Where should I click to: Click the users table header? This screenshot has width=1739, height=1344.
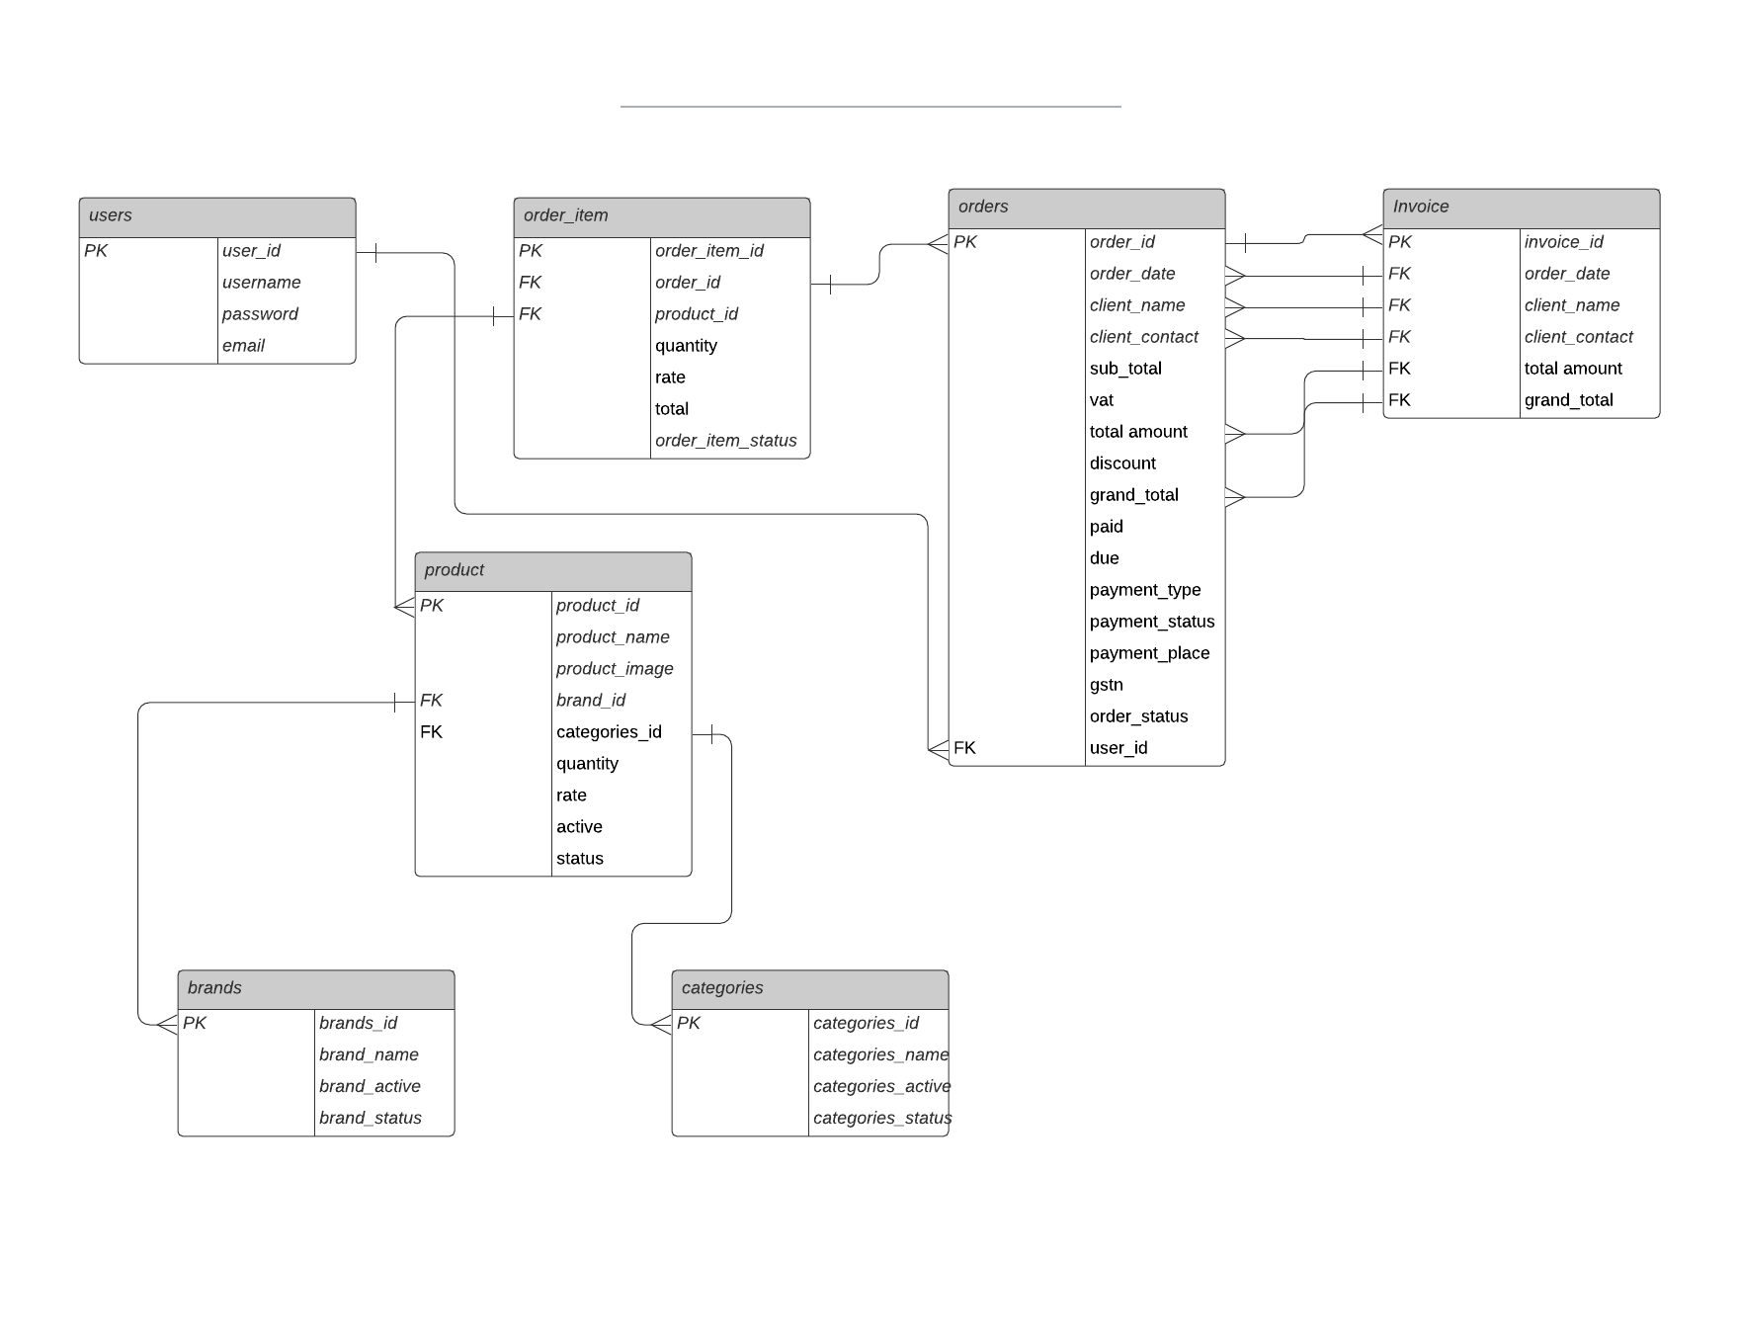coord(216,216)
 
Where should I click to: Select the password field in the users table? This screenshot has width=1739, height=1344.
coord(260,314)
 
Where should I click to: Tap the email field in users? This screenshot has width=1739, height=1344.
coord(243,346)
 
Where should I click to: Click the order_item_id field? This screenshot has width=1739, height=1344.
coord(708,251)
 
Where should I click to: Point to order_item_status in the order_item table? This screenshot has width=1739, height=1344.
coord(725,441)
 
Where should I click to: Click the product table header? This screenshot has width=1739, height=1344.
coord(552,571)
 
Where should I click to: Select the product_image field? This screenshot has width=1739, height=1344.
coord(615,669)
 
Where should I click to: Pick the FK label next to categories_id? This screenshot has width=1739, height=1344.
coord(432,732)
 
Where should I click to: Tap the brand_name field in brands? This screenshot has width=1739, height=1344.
coord(369,1055)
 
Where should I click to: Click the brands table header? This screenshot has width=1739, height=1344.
coord(315,988)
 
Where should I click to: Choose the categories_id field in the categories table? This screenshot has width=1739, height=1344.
coord(866,1024)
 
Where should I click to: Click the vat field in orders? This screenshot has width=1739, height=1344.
coord(1102,400)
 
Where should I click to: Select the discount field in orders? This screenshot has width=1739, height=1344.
coord(1122,463)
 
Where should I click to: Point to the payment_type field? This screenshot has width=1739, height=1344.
coord(1145,590)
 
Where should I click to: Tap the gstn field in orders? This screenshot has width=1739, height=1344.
coord(1107,685)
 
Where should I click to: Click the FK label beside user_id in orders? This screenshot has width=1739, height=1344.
coord(965,748)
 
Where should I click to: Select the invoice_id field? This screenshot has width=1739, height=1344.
coord(1563,242)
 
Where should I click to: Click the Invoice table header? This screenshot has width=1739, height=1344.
coord(1521,208)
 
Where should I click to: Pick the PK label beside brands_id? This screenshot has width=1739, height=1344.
coord(195,1024)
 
